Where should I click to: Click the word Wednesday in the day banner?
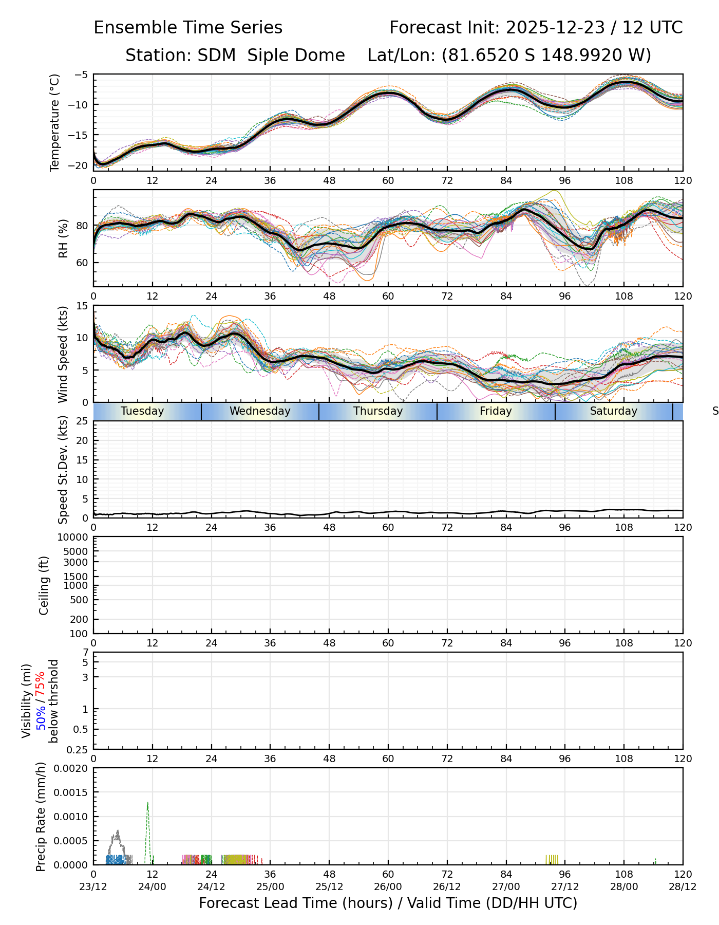[x=260, y=411]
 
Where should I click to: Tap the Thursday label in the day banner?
[x=378, y=411]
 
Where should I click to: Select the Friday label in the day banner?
[x=496, y=411]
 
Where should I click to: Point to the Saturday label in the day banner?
[x=613, y=411]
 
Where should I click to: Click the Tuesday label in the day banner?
[x=142, y=411]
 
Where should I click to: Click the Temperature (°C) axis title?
[x=55, y=122]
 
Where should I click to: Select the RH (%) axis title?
[x=63, y=238]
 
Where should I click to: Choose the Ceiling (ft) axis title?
[x=44, y=585]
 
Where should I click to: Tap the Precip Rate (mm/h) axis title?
[x=41, y=817]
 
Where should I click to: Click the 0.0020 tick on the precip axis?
[x=71, y=768]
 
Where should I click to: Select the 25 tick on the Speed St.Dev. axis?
[x=82, y=421]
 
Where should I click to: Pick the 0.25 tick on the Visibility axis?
[x=79, y=749]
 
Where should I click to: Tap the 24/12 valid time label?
[x=211, y=886]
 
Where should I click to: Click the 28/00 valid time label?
[x=624, y=886]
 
